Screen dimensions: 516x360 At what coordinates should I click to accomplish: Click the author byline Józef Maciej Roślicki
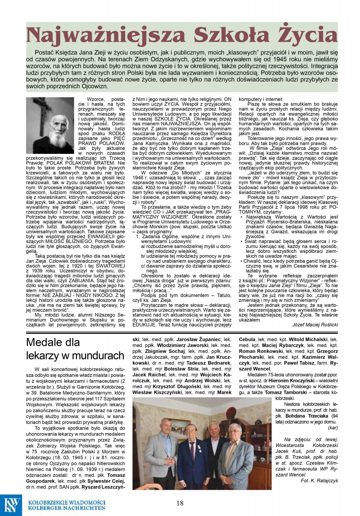315,324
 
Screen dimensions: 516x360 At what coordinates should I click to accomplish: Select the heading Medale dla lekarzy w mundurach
75,349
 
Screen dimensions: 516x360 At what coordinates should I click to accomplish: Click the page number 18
180,503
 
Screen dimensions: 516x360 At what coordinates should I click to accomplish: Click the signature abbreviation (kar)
333,427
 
